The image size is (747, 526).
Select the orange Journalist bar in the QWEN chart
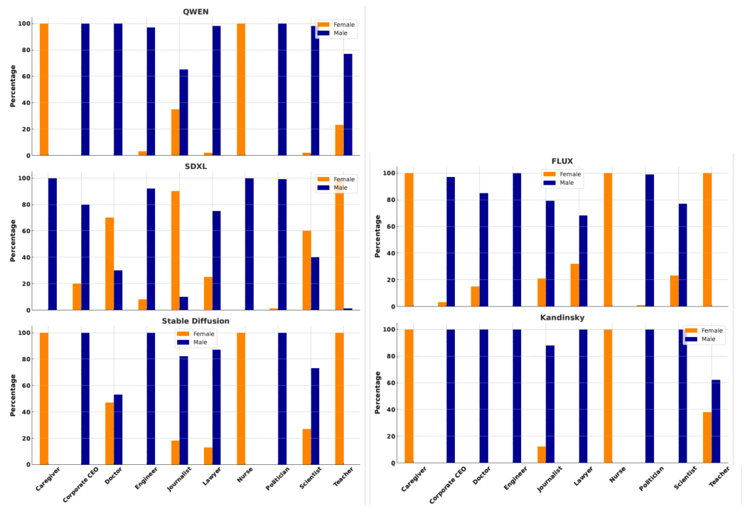[x=175, y=132]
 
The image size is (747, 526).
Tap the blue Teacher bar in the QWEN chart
[x=348, y=104]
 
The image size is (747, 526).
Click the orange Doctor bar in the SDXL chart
[x=109, y=264]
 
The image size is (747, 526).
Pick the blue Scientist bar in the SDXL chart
[x=316, y=284]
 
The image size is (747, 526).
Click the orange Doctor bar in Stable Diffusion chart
[x=109, y=434]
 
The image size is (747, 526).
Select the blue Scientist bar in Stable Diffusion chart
[x=316, y=417]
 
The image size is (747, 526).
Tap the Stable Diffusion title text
[x=195, y=321]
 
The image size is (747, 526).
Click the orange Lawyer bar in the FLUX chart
[x=574, y=285]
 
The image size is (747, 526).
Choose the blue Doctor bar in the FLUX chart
[x=484, y=249]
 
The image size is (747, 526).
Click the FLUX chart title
[x=562, y=161]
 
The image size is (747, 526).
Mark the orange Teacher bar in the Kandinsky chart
[x=707, y=437]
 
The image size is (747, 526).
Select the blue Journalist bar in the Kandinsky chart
[x=550, y=404]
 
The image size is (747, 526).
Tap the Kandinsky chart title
[x=561, y=317]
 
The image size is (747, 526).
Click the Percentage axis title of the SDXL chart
[x=13, y=240]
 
